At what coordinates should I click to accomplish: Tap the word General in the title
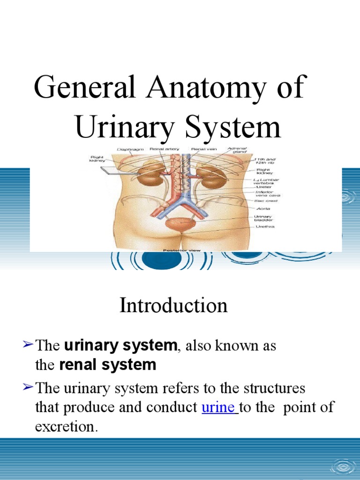point(86,87)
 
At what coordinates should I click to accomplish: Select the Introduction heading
point(173,306)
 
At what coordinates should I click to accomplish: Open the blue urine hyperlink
point(219,407)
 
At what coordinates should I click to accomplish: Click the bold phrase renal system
point(108,365)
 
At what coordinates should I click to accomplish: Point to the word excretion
point(67,427)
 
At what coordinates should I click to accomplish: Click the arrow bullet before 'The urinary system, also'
point(28,345)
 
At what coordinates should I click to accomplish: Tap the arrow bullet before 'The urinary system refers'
point(28,387)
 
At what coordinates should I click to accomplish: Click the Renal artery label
point(161,150)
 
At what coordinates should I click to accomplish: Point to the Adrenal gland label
point(237,151)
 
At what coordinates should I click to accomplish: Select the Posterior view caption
point(181,250)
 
